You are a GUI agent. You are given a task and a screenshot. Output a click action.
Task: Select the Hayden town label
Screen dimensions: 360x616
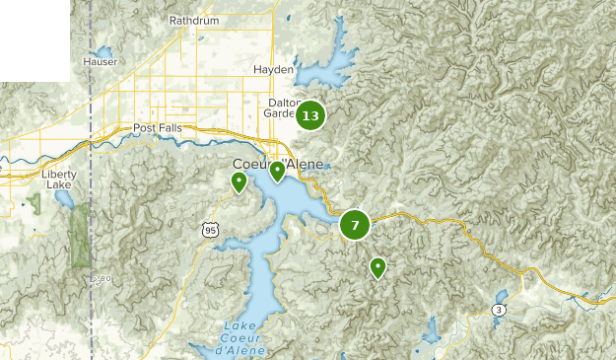pos(273,70)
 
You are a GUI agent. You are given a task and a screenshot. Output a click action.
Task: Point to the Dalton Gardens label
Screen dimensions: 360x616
pos(282,108)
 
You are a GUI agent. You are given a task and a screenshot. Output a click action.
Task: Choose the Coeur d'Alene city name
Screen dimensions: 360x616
pos(278,164)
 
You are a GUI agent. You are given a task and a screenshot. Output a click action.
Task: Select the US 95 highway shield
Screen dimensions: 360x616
pos(208,230)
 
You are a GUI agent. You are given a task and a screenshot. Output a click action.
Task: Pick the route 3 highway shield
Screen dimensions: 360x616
pos(500,311)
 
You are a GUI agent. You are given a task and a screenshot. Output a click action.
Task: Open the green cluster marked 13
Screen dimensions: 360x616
pos(310,116)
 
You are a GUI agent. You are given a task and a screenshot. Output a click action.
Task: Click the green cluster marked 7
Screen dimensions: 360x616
pos(355,225)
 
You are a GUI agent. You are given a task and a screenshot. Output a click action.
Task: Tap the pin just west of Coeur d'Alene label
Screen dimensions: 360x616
pos(239,182)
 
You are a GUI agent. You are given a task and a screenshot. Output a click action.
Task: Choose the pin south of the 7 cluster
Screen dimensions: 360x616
pos(377,267)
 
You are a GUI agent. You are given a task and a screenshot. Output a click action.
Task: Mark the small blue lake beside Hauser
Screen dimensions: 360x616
pos(103,51)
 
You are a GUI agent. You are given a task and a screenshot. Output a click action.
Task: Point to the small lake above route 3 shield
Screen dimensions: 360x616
pos(502,295)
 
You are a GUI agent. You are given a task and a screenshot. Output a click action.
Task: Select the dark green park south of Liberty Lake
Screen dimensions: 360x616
pos(80,237)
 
